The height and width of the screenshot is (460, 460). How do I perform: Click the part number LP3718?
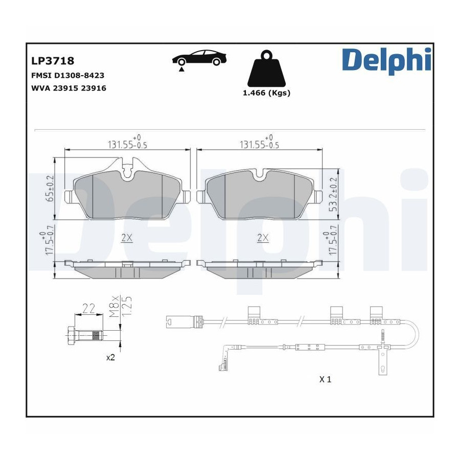click(53, 61)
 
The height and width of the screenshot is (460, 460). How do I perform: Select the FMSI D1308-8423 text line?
click(68, 76)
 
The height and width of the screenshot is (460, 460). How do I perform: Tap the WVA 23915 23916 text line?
click(68, 88)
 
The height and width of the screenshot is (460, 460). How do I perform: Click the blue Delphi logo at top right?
click(386, 60)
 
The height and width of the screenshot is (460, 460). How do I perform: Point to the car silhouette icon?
click(199, 57)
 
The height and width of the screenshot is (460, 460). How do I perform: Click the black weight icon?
click(266, 68)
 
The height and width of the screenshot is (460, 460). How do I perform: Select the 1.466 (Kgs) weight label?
click(266, 93)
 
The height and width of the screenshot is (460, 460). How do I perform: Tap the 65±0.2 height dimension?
click(51, 188)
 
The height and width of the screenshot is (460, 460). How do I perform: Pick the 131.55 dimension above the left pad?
click(127, 143)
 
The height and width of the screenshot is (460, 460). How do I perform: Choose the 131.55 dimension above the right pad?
click(259, 143)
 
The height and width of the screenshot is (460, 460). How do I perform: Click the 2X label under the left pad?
click(127, 238)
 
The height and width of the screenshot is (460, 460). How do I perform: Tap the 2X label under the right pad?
click(263, 238)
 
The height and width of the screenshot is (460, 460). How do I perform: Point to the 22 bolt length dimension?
click(88, 308)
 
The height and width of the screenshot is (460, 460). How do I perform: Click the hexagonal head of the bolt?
click(71, 335)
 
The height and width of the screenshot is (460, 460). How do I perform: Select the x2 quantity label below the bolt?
click(110, 358)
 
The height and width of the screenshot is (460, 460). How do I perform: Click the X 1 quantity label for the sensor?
click(326, 379)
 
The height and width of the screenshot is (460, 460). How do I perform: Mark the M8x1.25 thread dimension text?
click(120, 307)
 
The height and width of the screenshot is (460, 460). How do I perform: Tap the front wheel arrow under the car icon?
click(181, 70)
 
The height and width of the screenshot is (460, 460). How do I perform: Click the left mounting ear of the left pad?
click(69, 197)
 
